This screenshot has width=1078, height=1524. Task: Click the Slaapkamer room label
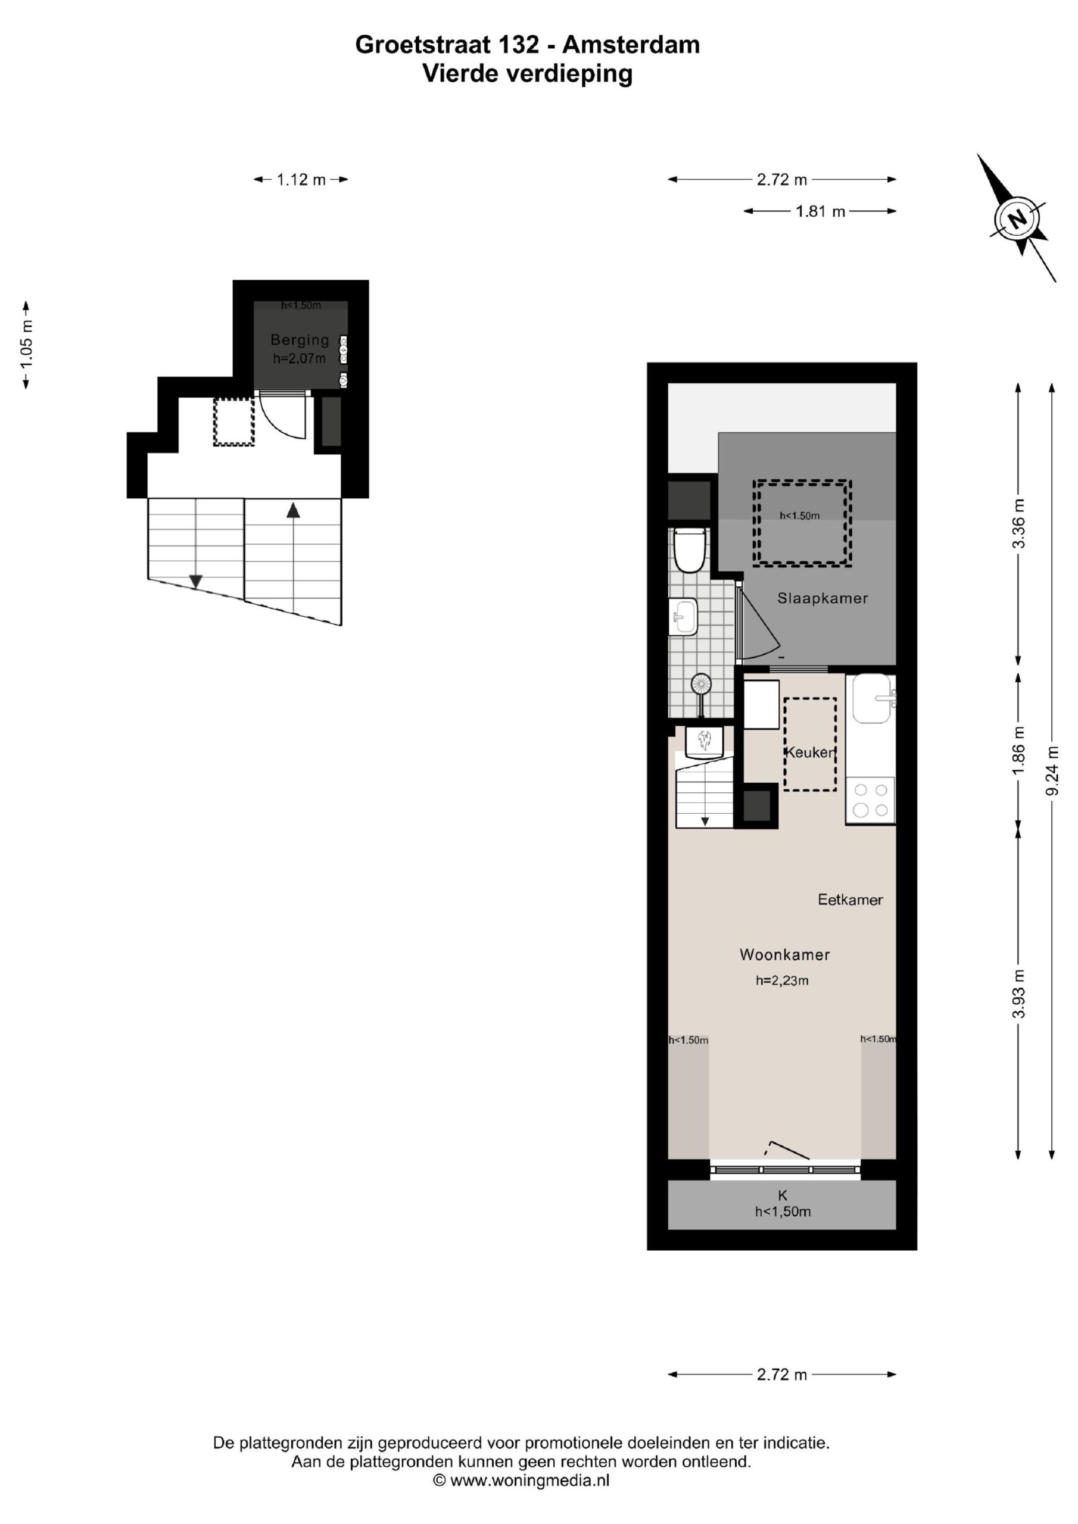[x=822, y=598]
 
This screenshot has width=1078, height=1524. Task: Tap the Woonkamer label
[x=784, y=954]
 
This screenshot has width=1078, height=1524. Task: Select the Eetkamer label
[x=850, y=900]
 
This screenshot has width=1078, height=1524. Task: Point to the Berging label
[x=300, y=340]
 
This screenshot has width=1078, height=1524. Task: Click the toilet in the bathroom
[x=688, y=549]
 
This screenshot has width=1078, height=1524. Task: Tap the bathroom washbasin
[x=683, y=617]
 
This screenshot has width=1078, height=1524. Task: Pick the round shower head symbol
[x=701, y=683]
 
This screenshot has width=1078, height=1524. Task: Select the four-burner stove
[x=870, y=801]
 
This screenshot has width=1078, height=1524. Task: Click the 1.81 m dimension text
[x=820, y=212]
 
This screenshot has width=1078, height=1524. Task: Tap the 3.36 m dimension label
[x=1018, y=523]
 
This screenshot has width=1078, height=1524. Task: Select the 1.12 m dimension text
[x=301, y=179]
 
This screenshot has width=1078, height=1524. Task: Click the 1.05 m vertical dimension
[x=26, y=345]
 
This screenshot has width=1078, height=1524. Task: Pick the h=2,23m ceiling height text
[x=782, y=980]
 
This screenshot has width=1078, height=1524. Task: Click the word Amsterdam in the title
[x=631, y=45]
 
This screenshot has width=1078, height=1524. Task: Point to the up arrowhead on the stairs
[x=293, y=510]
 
